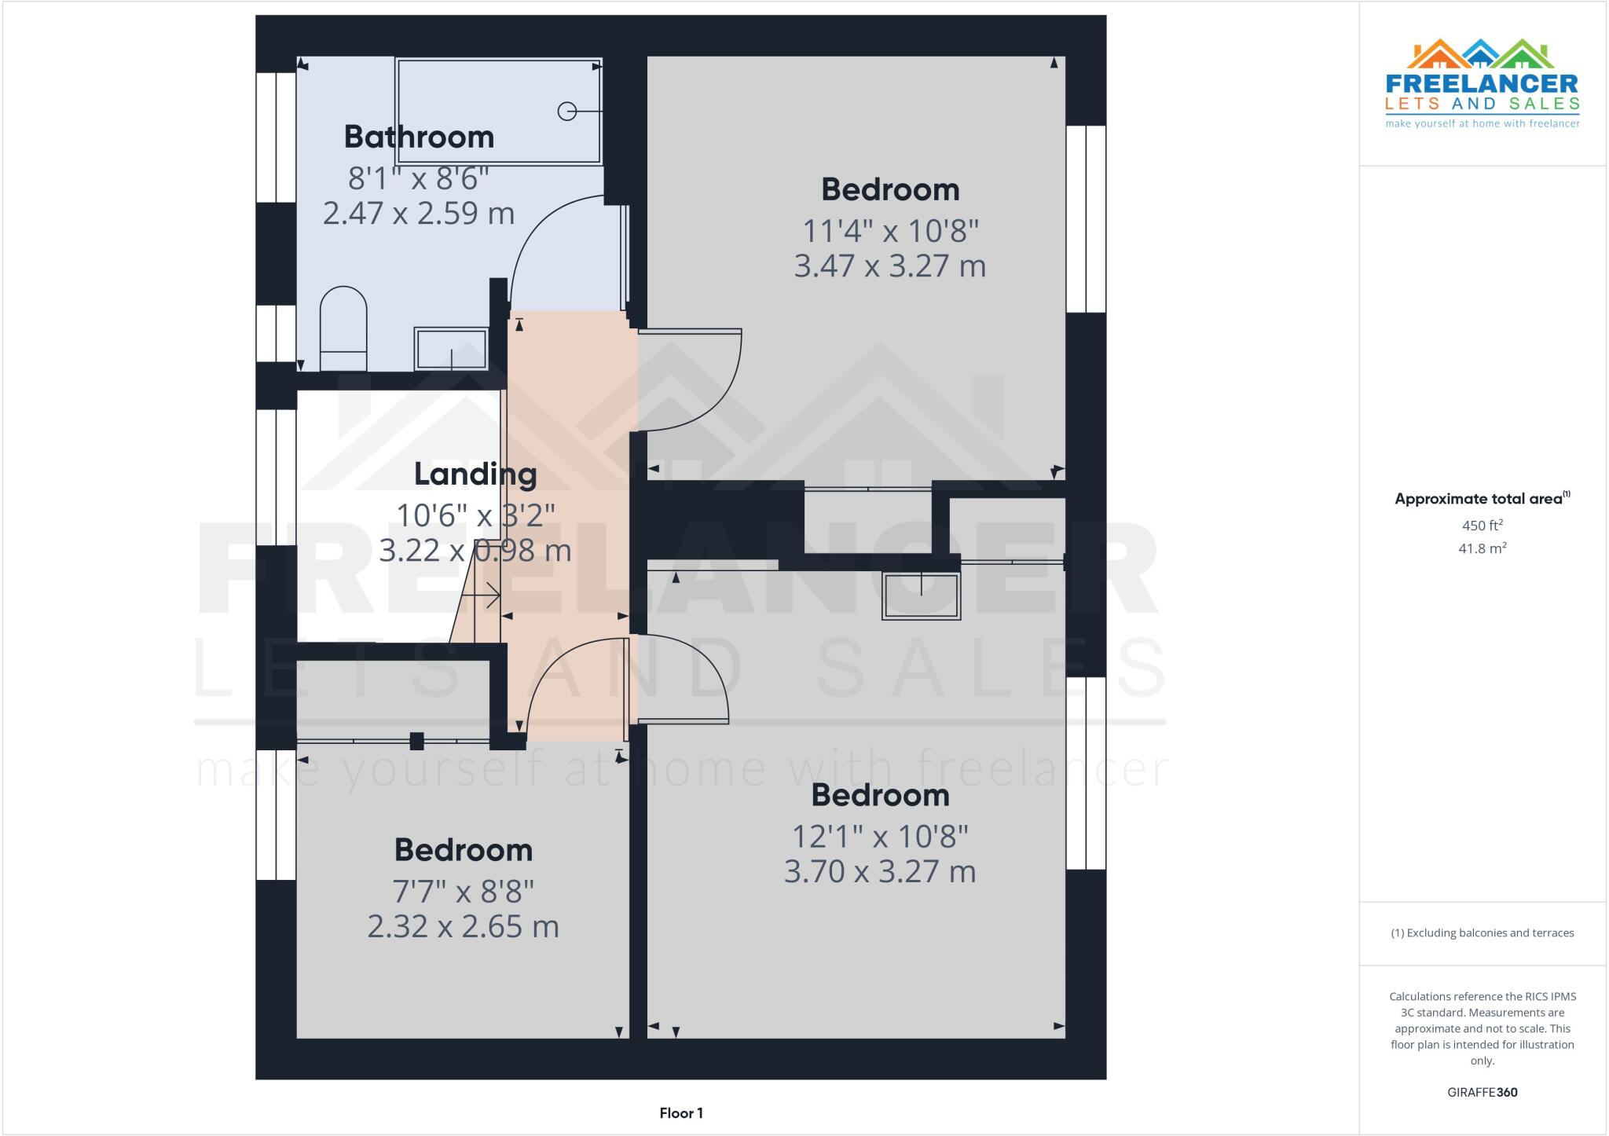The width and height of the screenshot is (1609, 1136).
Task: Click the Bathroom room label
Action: tap(419, 137)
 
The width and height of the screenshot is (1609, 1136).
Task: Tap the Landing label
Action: tap(475, 475)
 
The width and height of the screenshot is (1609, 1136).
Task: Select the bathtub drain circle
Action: tap(566, 112)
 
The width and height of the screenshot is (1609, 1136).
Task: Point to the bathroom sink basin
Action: tap(451, 349)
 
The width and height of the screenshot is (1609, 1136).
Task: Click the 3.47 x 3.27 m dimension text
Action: tap(889, 266)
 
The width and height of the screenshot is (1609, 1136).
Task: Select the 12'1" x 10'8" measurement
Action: tap(880, 837)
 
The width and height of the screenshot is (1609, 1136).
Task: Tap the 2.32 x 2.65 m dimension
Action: tap(464, 927)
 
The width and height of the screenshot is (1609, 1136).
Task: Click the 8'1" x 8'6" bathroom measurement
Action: tap(419, 179)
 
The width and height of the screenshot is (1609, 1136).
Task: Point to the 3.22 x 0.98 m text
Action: tap(475, 551)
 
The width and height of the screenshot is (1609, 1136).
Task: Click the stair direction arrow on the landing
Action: tap(482, 596)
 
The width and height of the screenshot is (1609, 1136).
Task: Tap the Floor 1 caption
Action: tap(681, 1113)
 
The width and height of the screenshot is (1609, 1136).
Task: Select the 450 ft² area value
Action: tap(1483, 526)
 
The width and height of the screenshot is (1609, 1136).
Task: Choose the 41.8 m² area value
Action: tap(1483, 548)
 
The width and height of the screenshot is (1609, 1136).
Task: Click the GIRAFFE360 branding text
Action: tap(1483, 1092)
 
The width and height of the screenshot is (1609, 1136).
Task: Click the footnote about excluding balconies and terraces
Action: tap(1483, 933)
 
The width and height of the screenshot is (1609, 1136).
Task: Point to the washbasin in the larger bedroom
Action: tap(921, 596)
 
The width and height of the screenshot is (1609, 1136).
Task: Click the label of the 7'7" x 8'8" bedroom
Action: tap(464, 850)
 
